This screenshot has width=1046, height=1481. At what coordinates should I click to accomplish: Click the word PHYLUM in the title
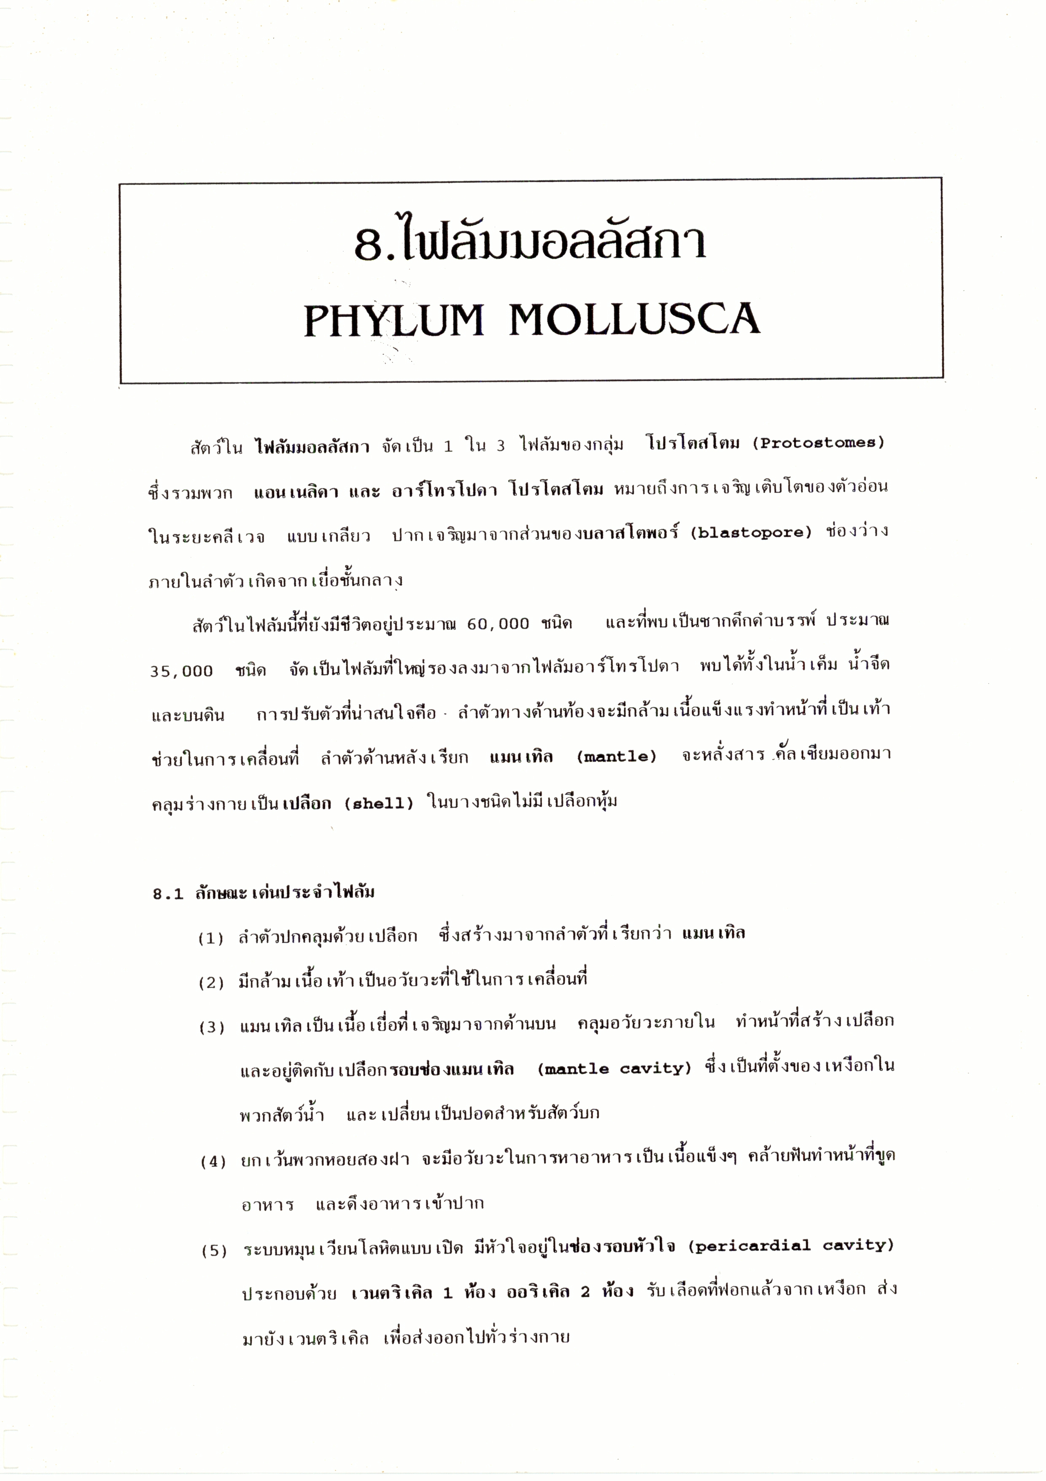393,320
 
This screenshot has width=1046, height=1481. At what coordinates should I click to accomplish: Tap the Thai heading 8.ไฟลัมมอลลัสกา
530,242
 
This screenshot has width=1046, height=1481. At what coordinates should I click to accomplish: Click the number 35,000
181,671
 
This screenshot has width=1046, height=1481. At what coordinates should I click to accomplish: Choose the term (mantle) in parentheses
616,756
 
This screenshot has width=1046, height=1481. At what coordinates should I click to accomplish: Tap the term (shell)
379,804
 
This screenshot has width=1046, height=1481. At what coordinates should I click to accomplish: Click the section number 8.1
168,894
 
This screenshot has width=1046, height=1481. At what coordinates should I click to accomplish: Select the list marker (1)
211,939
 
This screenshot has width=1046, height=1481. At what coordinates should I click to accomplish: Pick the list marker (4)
213,1162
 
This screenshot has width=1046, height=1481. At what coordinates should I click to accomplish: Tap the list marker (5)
213,1251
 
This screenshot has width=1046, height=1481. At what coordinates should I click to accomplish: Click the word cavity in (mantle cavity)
655,1069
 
